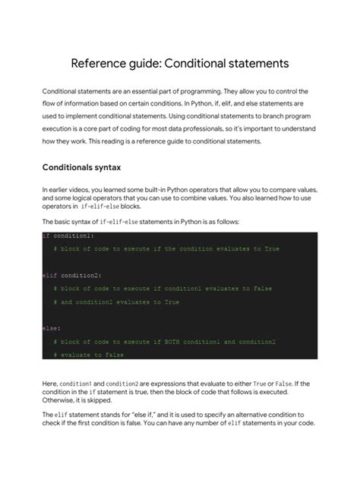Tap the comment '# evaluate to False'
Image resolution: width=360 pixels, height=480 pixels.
pyautogui.click(x=89, y=355)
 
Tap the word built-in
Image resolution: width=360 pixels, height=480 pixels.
pyautogui.click(x=162, y=188)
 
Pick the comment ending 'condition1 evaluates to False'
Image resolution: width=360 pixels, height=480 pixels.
pyautogui.click(x=163, y=289)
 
